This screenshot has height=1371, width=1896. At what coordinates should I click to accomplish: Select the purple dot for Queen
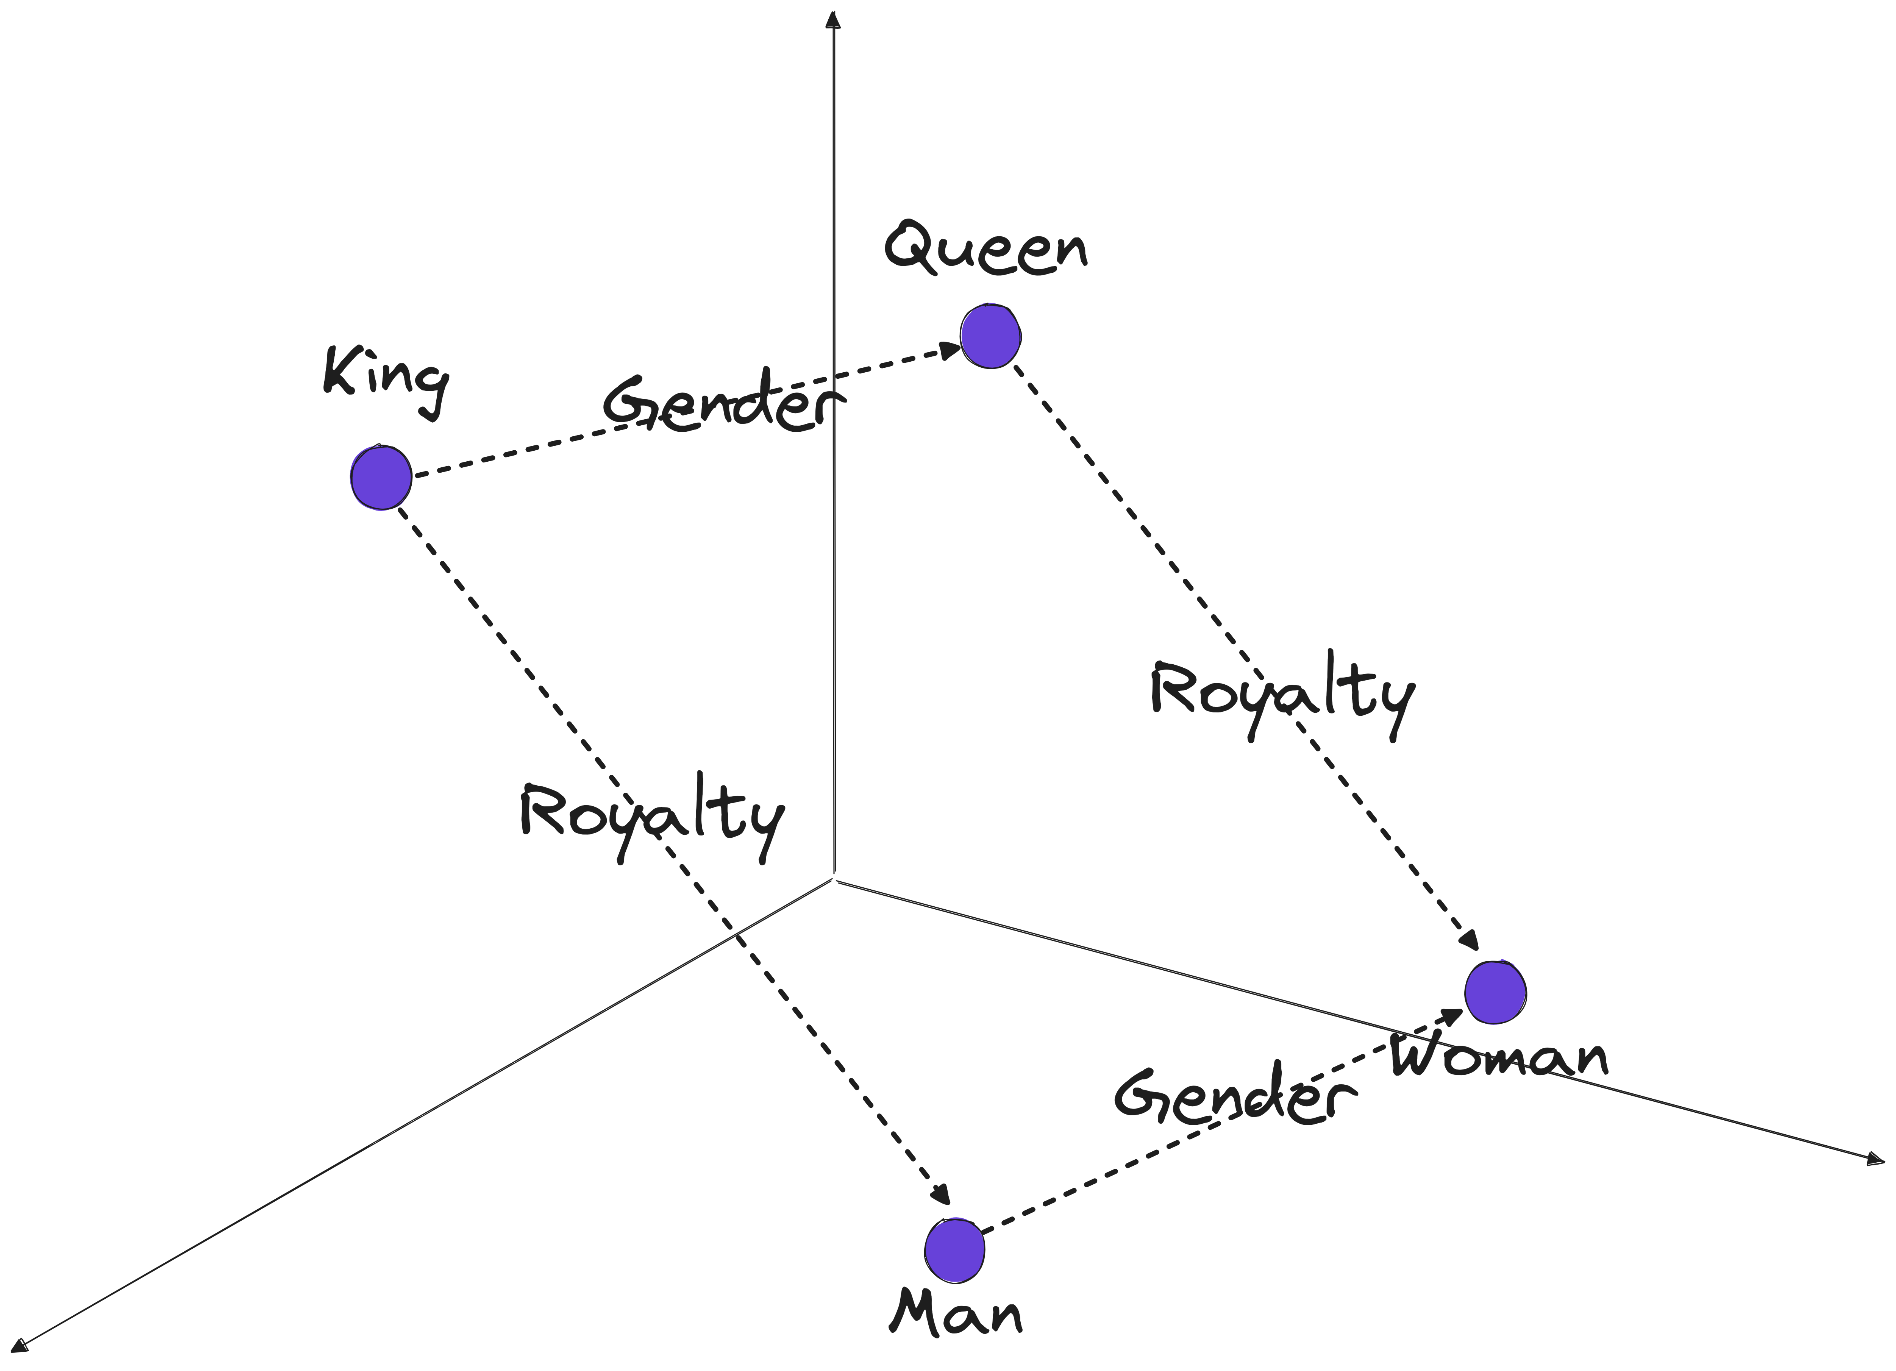tap(991, 336)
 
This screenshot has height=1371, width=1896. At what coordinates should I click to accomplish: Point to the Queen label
tap(987, 248)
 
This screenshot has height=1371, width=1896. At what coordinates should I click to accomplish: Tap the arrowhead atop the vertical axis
tap(832, 19)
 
